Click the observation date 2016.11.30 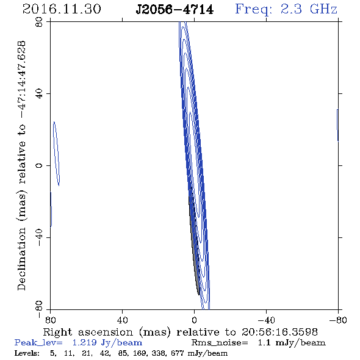pyautogui.click(x=62, y=9)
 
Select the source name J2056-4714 pyautogui.click(x=175, y=10)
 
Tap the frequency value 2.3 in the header pyautogui.click(x=291, y=9)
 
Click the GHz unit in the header pyautogui.click(x=323, y=9)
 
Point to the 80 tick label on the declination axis pyautogui.click(x=39, y=22)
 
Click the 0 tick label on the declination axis pyautogui.click(x=39, y=165)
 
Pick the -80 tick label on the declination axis pyautogui.click(x=39, y=309)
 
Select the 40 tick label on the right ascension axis pyautogui.click(x=122, y=320)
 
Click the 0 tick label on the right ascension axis pyautogui.click(x=194, y=320)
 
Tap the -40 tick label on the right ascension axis pyautogui.click(x=266, y=320)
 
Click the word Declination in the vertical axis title pyautogui.click(x=21, y=259)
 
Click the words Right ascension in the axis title pyautogui.click(x=88, y=333)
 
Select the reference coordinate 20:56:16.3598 pyautogui.click(x=279, y=332)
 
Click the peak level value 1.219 pyautogui.click(x=84, y=342)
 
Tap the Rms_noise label pyautogui.click(x=220, y=343)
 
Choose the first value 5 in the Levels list pyautogui.click(x=53, y=353)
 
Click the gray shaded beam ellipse pyautogui.click(x=194, y=241)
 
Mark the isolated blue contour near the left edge pyautogui.click(x=57, y=154)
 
